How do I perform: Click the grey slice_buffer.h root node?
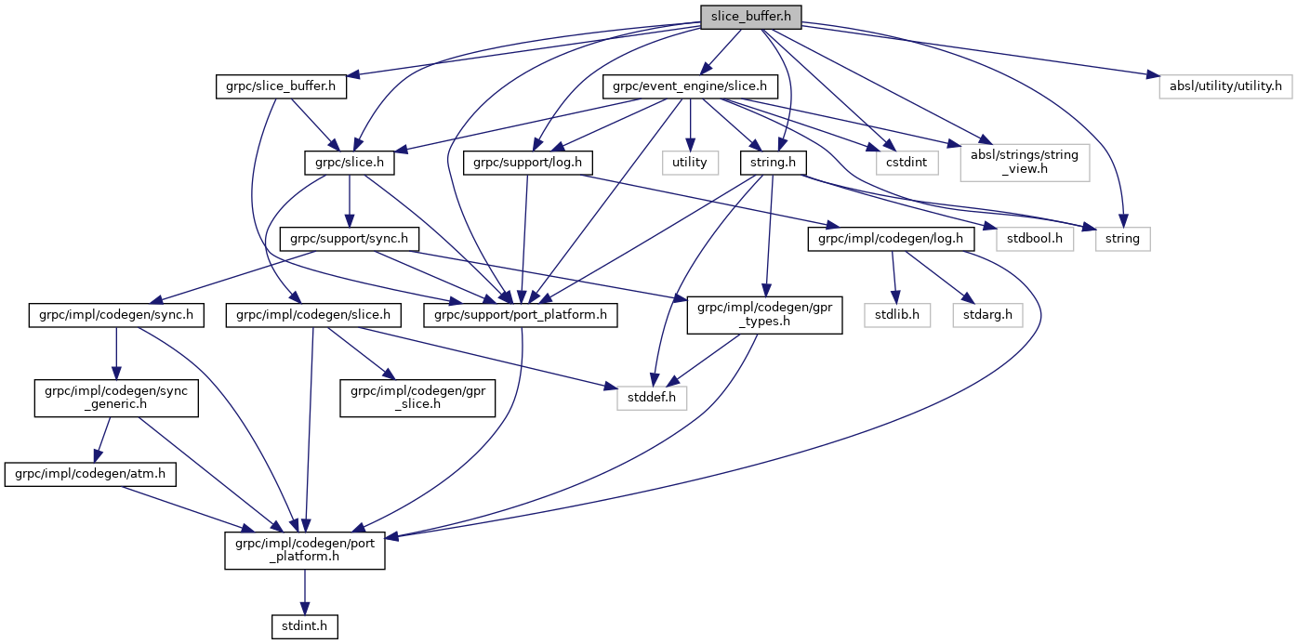click(750, 17)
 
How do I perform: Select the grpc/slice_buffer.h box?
click(281, 86)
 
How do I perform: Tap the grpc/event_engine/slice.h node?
click(690, 86)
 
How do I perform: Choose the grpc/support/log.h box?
click(528, 163)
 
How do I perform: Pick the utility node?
click(690, 163)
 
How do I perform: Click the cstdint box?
click(906, 163)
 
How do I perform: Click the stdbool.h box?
click(1035, 239)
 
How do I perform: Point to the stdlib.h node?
click(896, 315)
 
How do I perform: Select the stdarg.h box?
click(987, 315)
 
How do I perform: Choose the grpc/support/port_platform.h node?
click(520, 315)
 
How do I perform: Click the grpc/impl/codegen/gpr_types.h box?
click(764, 315)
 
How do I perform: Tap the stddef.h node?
click(652, 398)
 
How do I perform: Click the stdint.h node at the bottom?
click(304, 626)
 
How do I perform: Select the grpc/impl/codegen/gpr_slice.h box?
click(418, 398)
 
